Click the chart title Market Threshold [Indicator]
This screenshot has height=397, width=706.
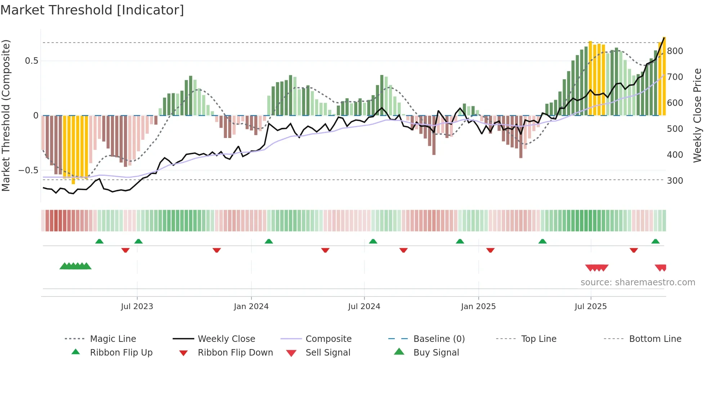pyautogui.click(x=92, y=10)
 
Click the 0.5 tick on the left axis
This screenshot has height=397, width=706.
pyautogui.click(x=31, y=61)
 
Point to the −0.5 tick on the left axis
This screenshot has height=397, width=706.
pyautogui.click(x=28, y=170)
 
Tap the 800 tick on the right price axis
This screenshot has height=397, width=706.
pyautogui.click(x=675, y=51)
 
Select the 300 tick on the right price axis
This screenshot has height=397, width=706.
pyautogui.click(x=675, y=181)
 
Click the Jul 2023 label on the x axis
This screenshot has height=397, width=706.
pyautogui.click(x=137, y=307)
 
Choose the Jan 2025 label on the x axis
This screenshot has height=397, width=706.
pyautogui.click(x=478, y=307)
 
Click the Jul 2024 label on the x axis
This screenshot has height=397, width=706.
pyautogui.click(x=364, y=307)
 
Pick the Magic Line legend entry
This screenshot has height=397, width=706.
pyautogui.click(x=113, y=339)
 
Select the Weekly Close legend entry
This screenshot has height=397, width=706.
pyautogui.click(x=226, y=339)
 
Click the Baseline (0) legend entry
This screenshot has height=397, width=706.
pyautogui.click(x=439, y=339)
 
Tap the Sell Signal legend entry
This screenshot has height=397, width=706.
pyautogui.click(x=328, y=353)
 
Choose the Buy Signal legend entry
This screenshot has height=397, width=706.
pyautogui.click(x=436, y=353)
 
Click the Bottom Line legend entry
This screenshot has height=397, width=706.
pyautogui.click(x=655, y=339)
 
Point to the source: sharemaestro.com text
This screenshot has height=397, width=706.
pyautogui.click(x=638, y=282)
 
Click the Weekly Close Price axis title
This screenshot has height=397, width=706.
pyautogui.click(x=697, y=115)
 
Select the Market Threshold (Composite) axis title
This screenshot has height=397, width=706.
pyautogui.click(x=6, y=115)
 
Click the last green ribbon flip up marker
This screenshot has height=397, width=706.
pyautogui.click(x=655, y=241)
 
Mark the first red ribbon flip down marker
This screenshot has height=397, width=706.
pyautogui.click(x=125, y=250)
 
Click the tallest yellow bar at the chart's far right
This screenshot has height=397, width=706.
pyautogui.click(x=664, y=76)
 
